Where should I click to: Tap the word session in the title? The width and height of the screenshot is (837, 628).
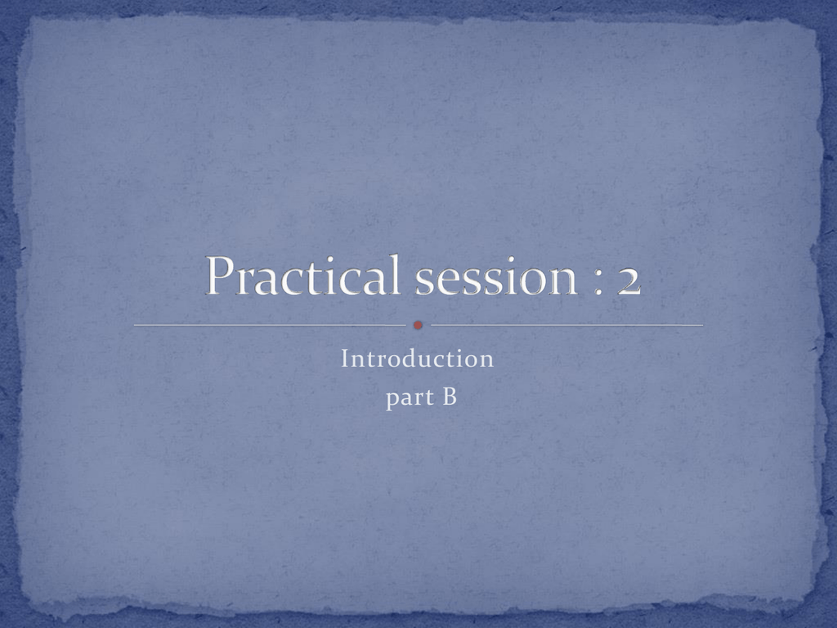tap(496, 278)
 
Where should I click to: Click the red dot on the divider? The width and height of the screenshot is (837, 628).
tap(418, 325)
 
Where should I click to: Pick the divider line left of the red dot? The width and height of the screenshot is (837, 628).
tap(270, 325)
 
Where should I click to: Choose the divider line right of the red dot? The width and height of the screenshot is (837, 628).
tap(567, 325)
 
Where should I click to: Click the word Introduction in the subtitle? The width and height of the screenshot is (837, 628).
tap(418, 358)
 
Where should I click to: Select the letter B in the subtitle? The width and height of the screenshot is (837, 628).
tap(450, 397)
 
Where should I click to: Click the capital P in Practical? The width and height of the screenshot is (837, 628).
tap(220, 275)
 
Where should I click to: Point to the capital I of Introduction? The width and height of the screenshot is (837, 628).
tap(345, 358)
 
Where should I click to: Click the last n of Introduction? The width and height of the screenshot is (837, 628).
tap(486, 361)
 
